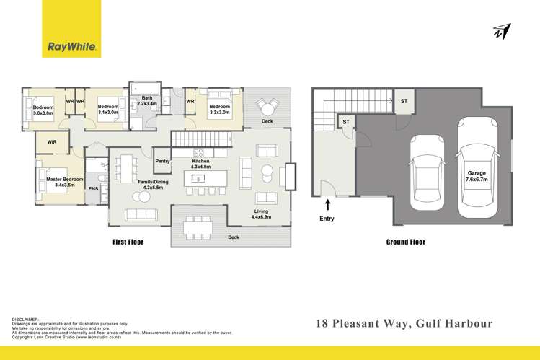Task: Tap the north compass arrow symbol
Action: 502,32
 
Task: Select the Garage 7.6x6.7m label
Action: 477,175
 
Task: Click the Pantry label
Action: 162,162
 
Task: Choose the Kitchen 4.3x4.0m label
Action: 200,164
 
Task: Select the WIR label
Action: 52,143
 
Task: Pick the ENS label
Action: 93,189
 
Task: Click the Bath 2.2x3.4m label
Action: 146,101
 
